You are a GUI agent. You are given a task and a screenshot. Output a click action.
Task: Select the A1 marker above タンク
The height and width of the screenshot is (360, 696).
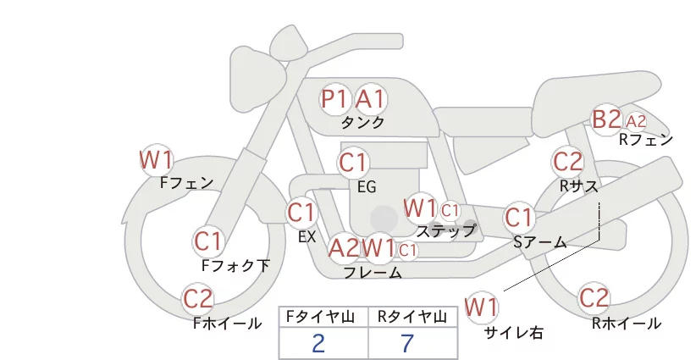(371, 99)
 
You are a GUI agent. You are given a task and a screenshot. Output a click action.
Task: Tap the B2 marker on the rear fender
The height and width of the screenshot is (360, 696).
(607, 119)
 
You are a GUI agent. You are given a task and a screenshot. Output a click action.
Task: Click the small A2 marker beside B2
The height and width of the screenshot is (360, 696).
(636, 121)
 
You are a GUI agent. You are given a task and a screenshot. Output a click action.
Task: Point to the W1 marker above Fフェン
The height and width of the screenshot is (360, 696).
(156, 160)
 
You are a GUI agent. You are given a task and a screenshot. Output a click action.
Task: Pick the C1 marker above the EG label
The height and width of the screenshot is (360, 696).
(354, 163)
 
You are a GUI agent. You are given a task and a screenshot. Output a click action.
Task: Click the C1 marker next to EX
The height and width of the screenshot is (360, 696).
(301, 213)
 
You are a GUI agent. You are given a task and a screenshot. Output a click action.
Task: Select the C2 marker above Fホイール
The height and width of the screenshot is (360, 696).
(198, 299)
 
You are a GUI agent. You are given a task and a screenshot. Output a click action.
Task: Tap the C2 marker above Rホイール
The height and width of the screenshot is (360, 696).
(594, 298)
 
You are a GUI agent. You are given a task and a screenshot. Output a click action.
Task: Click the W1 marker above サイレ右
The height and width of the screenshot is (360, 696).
(482, 307)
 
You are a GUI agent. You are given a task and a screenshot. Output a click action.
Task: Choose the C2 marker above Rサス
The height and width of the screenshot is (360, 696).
(568, 162)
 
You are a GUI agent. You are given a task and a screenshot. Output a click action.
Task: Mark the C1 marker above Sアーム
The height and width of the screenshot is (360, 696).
(519, 218)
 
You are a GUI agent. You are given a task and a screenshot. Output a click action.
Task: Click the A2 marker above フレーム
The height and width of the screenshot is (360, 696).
(344, 247)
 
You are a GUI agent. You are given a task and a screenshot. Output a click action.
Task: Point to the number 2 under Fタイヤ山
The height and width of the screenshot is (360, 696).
(318, 343)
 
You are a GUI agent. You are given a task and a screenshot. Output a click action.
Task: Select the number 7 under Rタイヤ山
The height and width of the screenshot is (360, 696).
(407, 343)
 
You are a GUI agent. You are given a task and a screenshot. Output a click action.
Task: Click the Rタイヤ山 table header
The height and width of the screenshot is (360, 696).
(412, 317)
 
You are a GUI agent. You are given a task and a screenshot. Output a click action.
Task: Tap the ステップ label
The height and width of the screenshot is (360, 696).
(445, 231)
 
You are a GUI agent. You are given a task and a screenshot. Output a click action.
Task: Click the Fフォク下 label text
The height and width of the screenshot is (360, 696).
(235, 265)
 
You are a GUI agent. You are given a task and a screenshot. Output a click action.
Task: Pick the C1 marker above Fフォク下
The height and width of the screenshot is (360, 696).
(208, 241)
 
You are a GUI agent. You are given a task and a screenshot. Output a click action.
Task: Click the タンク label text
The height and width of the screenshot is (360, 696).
(362, 122)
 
